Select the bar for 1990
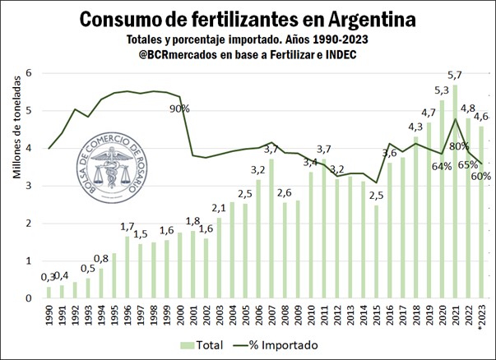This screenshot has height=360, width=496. (49, 293)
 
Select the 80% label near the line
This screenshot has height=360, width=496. (457, 146)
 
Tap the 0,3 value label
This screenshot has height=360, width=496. (48, 277)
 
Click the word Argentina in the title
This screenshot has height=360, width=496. (362, 18)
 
